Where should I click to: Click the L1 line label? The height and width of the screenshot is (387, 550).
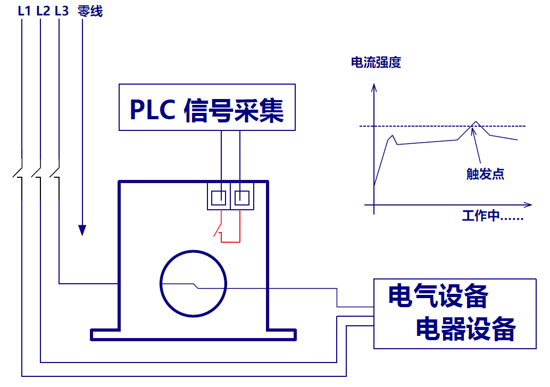24,11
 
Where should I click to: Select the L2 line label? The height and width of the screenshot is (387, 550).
43,11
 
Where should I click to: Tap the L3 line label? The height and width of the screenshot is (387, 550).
62,11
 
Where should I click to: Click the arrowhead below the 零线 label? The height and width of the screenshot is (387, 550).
82,230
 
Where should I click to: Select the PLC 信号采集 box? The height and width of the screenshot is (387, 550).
207,107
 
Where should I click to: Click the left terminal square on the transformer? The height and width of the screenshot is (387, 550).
219,198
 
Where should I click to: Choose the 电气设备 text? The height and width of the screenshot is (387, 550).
438,297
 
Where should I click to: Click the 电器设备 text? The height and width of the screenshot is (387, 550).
465,328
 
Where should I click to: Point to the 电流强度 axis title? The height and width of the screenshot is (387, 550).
376,63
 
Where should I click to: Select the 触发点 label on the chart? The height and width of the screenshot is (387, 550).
485,174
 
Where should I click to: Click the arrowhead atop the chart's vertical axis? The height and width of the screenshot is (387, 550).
374,87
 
